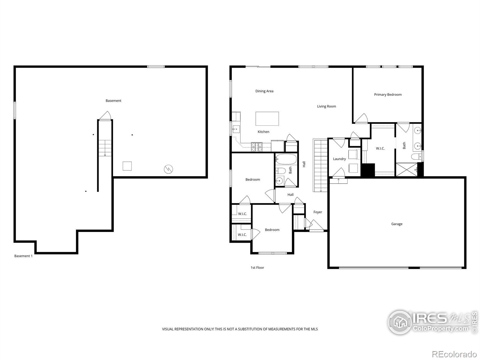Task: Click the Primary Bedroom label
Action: (x=388, y=94)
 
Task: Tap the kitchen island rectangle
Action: (x=267, y=118)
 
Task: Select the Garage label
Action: (x=397, y=224)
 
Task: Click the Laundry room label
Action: (x=339, y=159)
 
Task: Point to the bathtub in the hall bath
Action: (x=286, y=159)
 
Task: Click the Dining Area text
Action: (x=264, y=91)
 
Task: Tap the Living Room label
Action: (x=326, y=106)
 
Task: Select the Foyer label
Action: (x=318, y=212)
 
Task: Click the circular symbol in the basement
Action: (x=168, y=169)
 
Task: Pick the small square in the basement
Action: (x=127, y=166)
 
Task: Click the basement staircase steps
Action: (x=105, y=148)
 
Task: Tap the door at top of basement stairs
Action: (x=105, y=116)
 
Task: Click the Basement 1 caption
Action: (x=23, y=256)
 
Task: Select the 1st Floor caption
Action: (x=257, y=268)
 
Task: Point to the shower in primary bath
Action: (x=406, y=169)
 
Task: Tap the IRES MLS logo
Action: (x=432, y=322)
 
